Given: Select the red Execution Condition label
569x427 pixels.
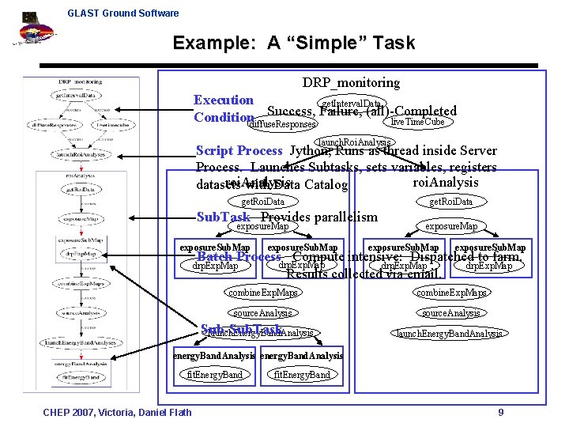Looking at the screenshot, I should (x=224, y=109).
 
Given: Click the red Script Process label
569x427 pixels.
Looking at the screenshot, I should (x=239, y=151).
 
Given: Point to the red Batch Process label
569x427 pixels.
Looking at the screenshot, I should (x=239, y=257).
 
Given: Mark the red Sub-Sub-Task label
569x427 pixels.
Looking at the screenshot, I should (x=241, y=330).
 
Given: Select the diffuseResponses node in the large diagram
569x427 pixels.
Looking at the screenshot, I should (x=282, y=124).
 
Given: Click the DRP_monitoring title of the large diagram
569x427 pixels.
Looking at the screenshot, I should (x=351, y=82).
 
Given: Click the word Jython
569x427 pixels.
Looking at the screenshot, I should (x=310, y=151).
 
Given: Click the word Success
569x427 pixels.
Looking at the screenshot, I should (x=292, y=111).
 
